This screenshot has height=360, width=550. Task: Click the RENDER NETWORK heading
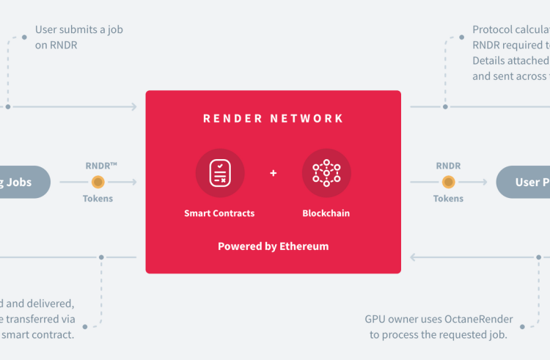pyautogui.click(x=273, y=119)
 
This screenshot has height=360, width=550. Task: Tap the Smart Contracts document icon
pyautogui.click(x=219, y=173)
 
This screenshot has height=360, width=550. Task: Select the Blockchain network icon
pyautogui.click(x=326, y=173)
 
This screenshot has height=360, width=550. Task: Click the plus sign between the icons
pyautogui.click(x=274, y=174)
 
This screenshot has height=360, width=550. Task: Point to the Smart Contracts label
pyautogui.click(x=219, y=213)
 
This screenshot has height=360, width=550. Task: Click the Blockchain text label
pyautogui.click(x=326, y=213)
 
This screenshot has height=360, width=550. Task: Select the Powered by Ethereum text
pyautogui.click(x=273, y=246)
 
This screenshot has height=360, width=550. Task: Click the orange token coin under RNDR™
pyautogui.click(x=98, y=182)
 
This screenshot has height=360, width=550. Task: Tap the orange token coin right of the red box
pyautogui.click(x=448, y=182)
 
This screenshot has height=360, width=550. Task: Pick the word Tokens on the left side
pyautogui.click(x=98, y=199)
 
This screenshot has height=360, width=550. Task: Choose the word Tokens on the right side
pyautogui.click(x=448, y=199)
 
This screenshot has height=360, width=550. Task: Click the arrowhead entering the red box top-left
pyautogui.click(x=133, y=106)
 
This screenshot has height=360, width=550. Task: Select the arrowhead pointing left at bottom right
pyautogui.click(x=414, y=257)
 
